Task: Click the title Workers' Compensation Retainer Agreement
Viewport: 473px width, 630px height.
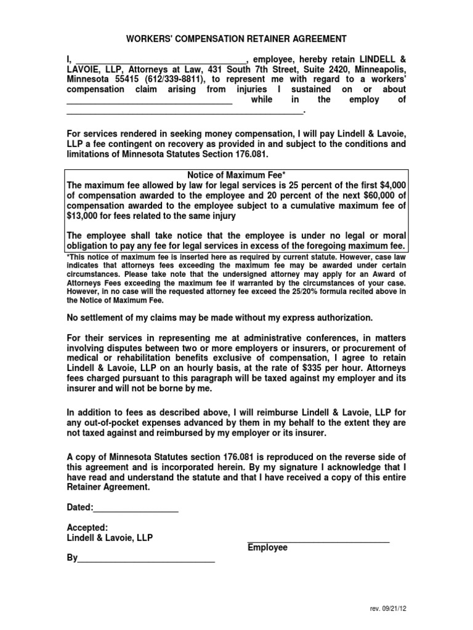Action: click(x=236, y=39)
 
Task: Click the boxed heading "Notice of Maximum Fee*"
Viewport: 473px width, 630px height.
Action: click(x=236, y=176)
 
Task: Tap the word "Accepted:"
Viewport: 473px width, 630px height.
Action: click(x=87, y=527)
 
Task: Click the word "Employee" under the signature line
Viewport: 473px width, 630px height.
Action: click(x=267, y=548)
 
